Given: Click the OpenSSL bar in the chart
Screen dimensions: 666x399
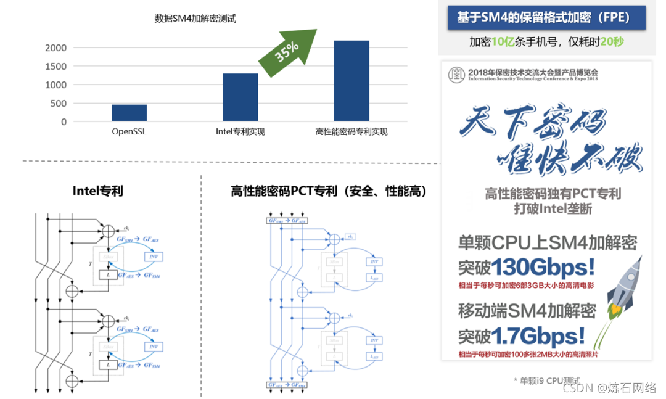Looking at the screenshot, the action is (x=129, y=113).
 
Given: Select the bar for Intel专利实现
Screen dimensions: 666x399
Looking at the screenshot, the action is (x=240, y=97).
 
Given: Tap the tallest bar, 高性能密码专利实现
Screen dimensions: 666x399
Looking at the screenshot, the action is (x=351, y=81).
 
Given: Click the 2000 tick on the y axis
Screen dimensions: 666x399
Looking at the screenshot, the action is (x=55, y=48).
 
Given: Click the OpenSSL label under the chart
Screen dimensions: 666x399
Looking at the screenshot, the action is (x=129, y=131).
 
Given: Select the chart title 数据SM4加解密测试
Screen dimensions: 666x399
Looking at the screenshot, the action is (x=195, y=19).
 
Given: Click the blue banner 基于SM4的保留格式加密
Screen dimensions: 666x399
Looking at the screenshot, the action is (x=543, y=18).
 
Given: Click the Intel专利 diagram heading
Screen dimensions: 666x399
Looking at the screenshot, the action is (x=97, y=191).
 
